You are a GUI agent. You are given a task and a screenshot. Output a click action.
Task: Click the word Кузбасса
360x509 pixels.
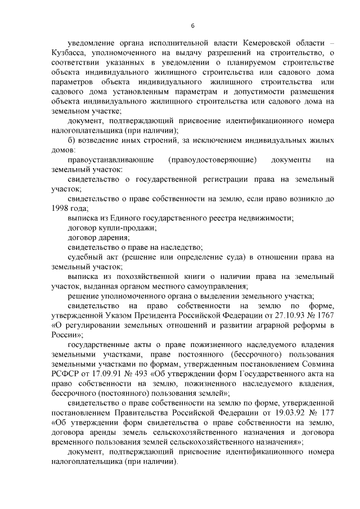pyautogui.click(x=67, y=53)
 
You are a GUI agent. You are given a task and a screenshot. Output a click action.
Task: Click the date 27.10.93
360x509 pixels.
pyautogui.click(x=274, y=316)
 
